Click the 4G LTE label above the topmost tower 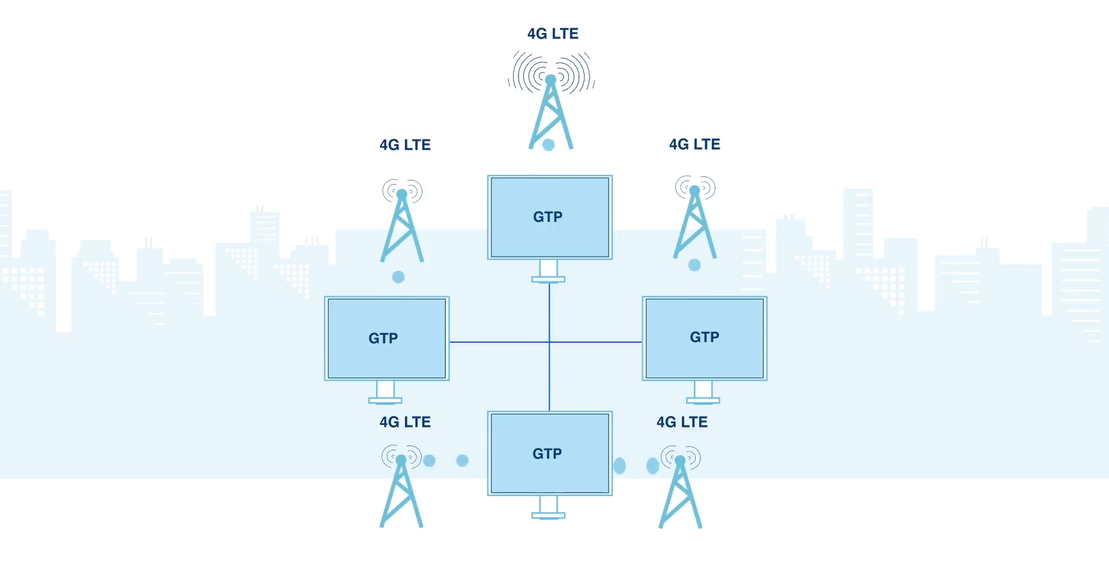tap(553, 34)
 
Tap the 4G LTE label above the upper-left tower tap(405, 145)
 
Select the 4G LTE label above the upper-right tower tap(694, 144)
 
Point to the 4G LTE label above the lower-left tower tap(405, 422)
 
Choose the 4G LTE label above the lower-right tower tap(682, 422)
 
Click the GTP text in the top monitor tap(548, 217)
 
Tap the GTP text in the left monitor tap(383, 338)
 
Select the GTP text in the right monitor tap(704, 337)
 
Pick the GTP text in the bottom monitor tap(547, 454)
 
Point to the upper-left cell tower tap(402, 225)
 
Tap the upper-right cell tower tap(695, 222)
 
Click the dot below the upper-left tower tap(398, 277)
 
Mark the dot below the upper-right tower tap(694, 265)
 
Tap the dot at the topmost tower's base tap(548, 145)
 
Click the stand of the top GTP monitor tap(548, 271)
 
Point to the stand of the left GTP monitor tap(385, 392)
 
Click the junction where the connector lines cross tap(549, 342)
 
